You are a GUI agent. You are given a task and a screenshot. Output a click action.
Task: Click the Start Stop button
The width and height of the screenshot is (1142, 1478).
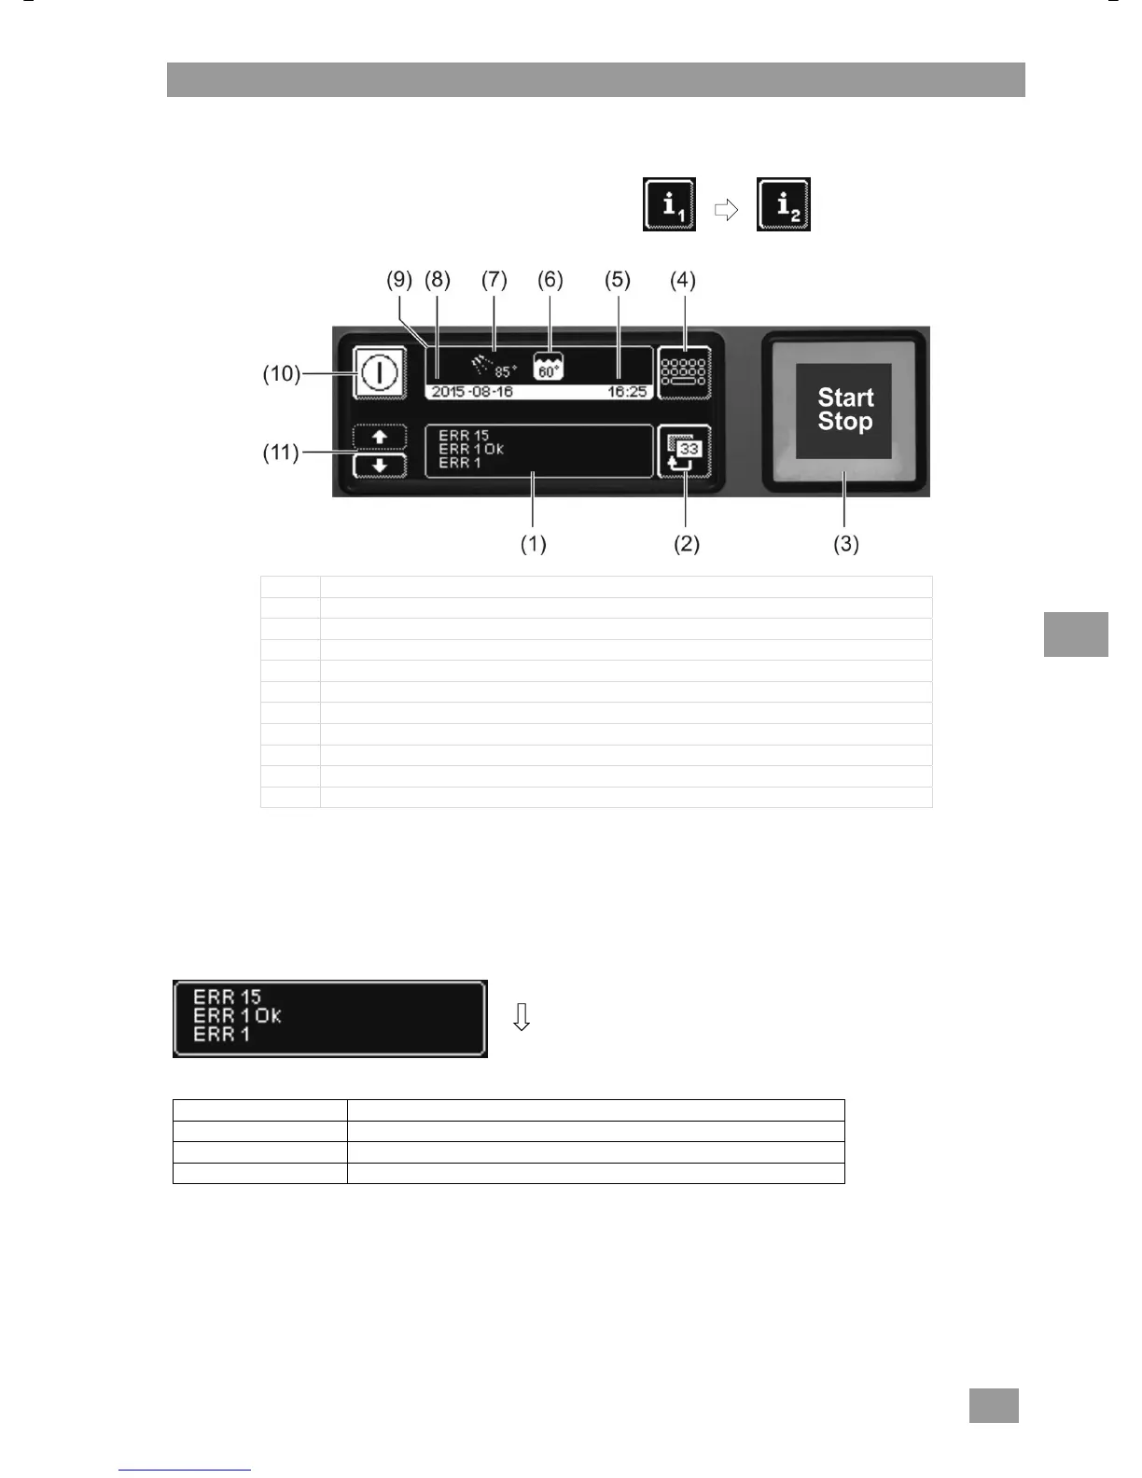tap(844, 411)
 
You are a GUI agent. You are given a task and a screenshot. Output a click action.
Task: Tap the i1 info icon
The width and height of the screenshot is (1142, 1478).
tap(669, 204)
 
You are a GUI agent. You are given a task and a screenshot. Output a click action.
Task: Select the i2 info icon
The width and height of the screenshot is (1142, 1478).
tap(784, 204)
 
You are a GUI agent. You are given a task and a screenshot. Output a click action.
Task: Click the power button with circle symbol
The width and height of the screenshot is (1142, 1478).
tap(380, 373)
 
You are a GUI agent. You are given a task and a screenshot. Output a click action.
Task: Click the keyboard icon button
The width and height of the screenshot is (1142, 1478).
tap(684, 373)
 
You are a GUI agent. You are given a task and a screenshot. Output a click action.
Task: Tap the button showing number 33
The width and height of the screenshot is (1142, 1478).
tap(684, 452)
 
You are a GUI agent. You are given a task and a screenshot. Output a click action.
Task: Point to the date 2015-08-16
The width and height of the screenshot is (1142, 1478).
tap(472, 392)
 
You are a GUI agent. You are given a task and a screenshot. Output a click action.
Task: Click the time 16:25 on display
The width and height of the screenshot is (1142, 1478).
tap(627, 392)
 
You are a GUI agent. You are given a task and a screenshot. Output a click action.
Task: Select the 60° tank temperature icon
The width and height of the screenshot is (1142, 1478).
tap(549, 367)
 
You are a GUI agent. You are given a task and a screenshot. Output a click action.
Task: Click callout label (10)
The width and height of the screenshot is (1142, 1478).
tap(281, 373)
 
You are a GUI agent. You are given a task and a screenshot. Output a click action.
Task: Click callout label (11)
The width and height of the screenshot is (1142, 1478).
tap(281, 453)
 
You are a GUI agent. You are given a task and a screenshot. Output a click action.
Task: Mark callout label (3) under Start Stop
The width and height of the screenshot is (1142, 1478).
tap(845, 544)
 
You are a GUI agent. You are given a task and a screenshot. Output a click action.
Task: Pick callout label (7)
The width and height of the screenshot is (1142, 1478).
tap(494, 280)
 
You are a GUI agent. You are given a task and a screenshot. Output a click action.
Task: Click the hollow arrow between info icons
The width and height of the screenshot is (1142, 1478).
tap(726, 211)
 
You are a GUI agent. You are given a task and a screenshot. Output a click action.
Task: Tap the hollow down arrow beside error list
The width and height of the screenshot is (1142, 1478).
tap(522, 1017)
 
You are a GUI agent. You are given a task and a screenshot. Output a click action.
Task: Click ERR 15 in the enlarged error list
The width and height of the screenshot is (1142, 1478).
tap(228, 997)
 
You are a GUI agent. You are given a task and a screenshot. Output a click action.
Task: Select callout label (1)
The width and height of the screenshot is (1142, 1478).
tap(533, 544)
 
